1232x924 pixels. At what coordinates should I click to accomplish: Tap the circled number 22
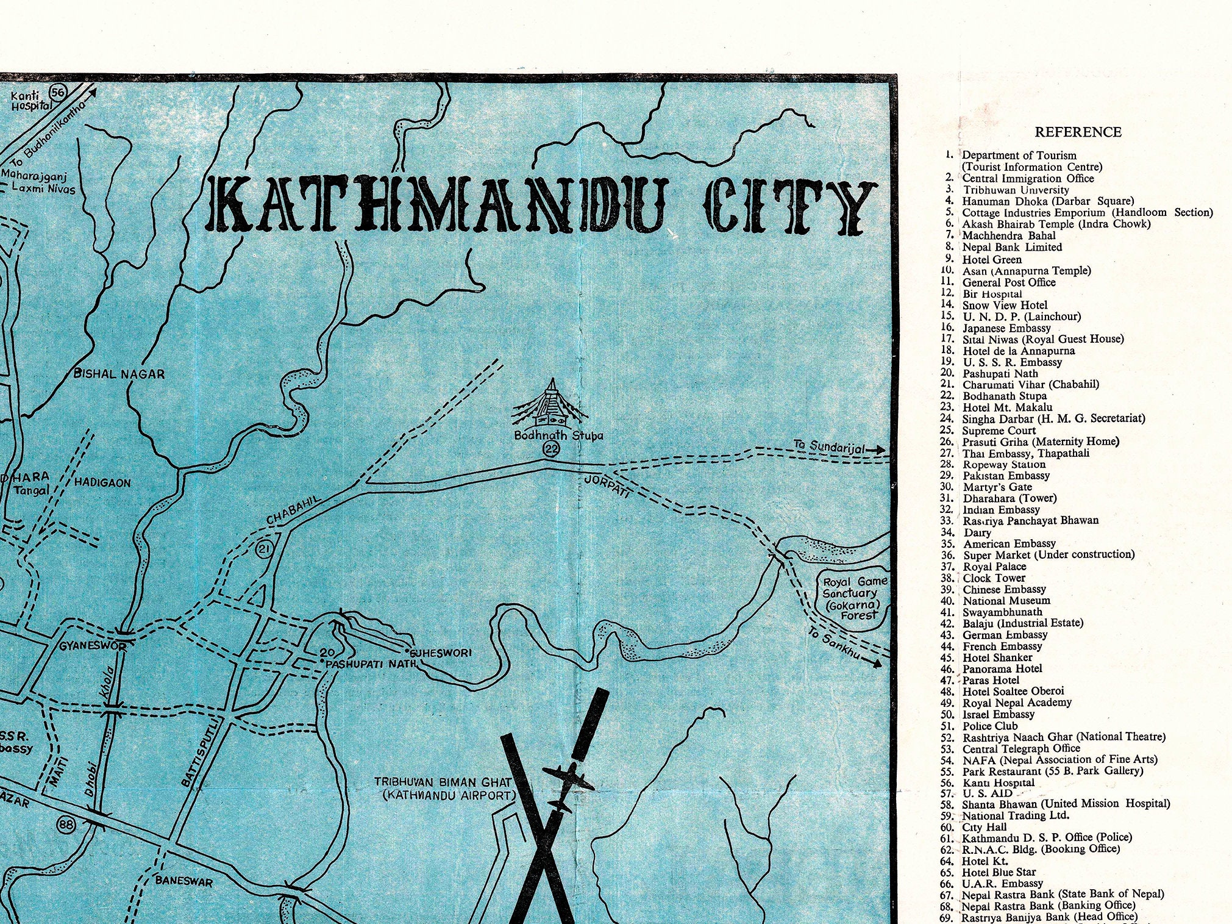(551, 449)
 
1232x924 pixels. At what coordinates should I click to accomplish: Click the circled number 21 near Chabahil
(263, 550)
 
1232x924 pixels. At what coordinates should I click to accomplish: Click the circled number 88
(66, 825)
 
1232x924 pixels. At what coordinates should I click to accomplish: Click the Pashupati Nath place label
(370, 664)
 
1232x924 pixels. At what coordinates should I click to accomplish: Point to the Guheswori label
(441, 653)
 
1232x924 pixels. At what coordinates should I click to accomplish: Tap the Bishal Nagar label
(119, 374)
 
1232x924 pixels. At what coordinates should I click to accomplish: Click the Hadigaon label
(102, 482)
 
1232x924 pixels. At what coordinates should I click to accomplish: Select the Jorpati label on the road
(607, 486)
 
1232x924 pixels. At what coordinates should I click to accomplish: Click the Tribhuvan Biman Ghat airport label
(443, 789)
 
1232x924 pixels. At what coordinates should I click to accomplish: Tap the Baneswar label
(183, 881)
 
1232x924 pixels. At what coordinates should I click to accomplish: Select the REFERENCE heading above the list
(1078, 132)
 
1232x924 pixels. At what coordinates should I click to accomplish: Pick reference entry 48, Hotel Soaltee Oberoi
(1013, 692)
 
